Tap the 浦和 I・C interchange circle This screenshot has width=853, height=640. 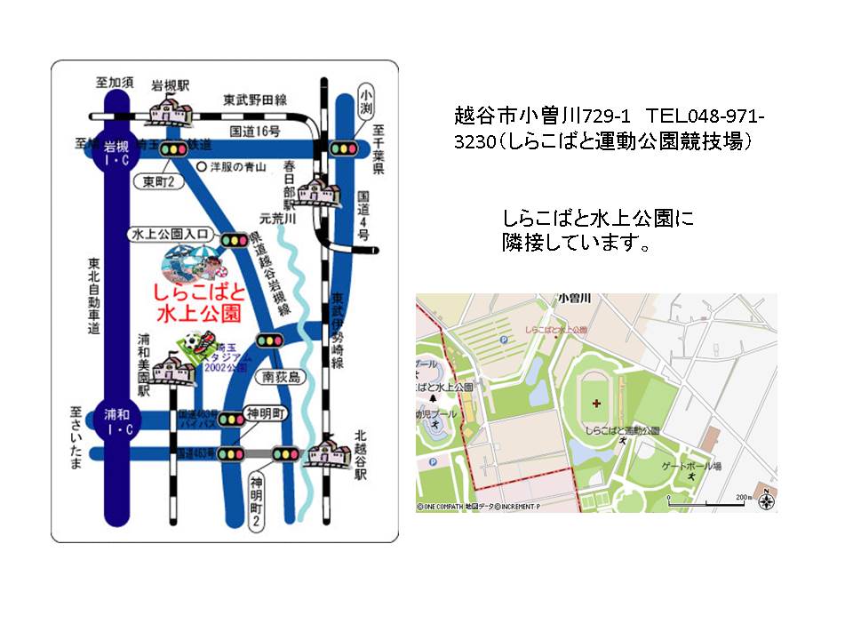tap(116, 422)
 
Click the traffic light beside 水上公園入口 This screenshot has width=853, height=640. tap(235, 239)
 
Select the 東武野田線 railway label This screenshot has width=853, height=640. tap(254, 100)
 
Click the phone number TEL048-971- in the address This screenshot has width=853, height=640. tap(706, 116)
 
